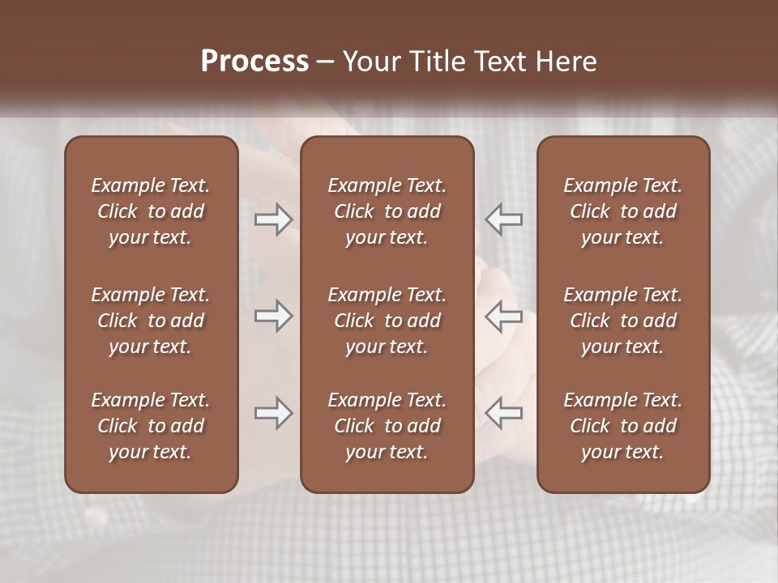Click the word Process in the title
coord(254,62)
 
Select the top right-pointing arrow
coord(273,219)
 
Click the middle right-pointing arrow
coord(273,316)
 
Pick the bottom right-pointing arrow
coord(273,413)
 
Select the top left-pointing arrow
coord(504,219)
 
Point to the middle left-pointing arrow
coord(504,316)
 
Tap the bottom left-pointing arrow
coord(504,413)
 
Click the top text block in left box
coord(151,211)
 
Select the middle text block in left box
coord(151,321)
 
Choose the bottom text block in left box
coord(151,426)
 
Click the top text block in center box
coord(387,211)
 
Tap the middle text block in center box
coord(387,321)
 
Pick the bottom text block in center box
coord(387,426)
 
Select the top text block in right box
coord(622,211)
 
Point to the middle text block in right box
coord(622,321)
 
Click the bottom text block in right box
coord(622,426)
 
